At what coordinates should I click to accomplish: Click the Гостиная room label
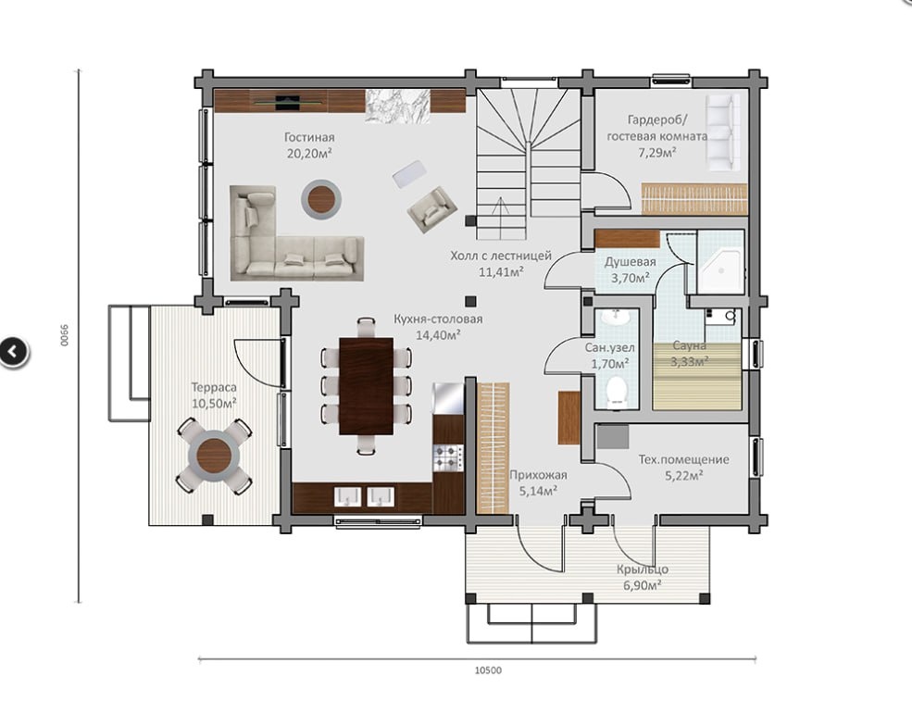click(309, 137)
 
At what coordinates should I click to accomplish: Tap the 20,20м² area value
click(309, 154)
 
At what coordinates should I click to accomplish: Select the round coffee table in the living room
click(321, 200)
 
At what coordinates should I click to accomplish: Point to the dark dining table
click(366, 386)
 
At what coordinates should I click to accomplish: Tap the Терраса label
click(214, 387)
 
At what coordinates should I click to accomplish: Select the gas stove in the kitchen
click(448, 457)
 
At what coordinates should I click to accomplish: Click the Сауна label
click(689, 345)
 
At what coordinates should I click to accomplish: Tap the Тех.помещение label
click(684, 459)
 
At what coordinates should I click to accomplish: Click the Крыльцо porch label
click(643, 569)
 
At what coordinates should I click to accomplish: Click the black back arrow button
click(13, 351)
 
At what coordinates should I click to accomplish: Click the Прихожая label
click(538, 474)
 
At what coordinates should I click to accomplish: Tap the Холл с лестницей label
click(501, 256)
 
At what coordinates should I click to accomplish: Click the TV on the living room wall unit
click(288, 103)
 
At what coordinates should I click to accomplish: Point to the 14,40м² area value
click(439, 335)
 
